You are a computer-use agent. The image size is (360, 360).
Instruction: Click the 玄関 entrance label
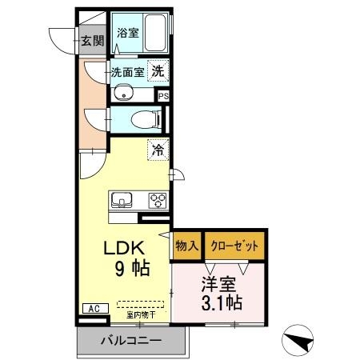click(x=93, y=41)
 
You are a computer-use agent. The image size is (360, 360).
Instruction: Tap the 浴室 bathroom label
click(x=128, y=33)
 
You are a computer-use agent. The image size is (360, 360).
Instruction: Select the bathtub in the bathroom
click(x=154, y=33)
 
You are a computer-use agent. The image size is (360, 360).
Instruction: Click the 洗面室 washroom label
click(x=127, y=72)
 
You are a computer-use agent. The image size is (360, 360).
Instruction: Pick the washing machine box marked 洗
click(x=158, y=70)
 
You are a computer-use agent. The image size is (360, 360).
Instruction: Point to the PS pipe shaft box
click(x=163, y=96)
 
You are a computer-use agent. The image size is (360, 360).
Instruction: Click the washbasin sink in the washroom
click(x=122, y=93)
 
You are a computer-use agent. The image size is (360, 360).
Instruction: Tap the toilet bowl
click(x=144, y=119)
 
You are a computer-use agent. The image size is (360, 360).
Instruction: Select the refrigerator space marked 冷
click(x=158, y=150)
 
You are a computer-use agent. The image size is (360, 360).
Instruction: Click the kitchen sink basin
click(x=122, y=200)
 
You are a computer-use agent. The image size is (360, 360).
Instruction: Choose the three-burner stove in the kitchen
click(x=158, y=200)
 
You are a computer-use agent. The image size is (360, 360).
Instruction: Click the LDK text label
click(x=124, y=248)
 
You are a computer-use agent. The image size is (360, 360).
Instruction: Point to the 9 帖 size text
click(x=133, y=268)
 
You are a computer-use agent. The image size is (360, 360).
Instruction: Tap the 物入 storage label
click(x=187, y=246)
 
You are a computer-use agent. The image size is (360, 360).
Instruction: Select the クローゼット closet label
click(x=234, y=246)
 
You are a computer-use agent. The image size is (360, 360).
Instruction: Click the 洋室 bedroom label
click(x=218, y=284)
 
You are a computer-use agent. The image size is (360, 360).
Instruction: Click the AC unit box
click(x=95, y=309)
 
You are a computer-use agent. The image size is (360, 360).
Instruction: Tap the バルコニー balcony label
click(x=131, y=341)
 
